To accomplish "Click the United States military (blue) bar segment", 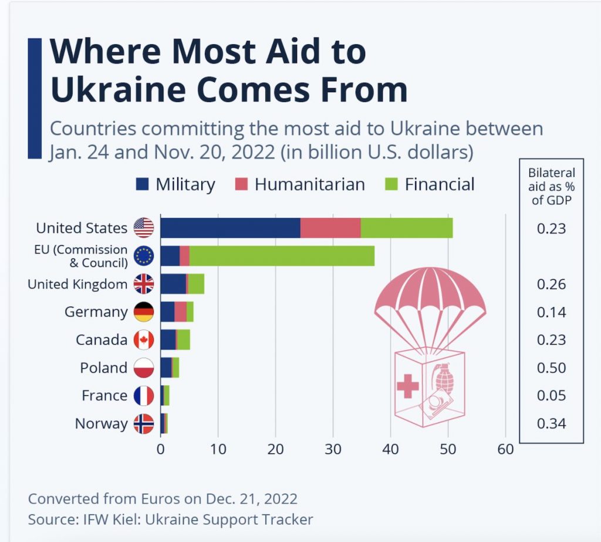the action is [230, 228].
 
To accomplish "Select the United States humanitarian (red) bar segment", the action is [330, 228].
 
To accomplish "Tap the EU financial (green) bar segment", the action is [282, 256].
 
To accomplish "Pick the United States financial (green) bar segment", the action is [407, 228].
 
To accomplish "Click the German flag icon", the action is [144, 312].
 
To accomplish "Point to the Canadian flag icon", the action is [144, 340].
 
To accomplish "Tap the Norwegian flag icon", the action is [144, 424].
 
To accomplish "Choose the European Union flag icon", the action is [144, 256].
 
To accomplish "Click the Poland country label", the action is [103, 368].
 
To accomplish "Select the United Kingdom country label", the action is [77, 284].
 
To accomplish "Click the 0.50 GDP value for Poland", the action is [551, 368].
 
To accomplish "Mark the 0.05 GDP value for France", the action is [551, 395].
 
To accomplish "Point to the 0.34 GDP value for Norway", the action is [551, 423].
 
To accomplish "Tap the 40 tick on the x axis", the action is [390, 449].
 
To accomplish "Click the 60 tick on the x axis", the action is [505, 449].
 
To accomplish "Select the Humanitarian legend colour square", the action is [241, 184].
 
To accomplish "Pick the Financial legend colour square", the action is [391, 184].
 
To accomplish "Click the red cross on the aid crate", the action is [408, 386].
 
